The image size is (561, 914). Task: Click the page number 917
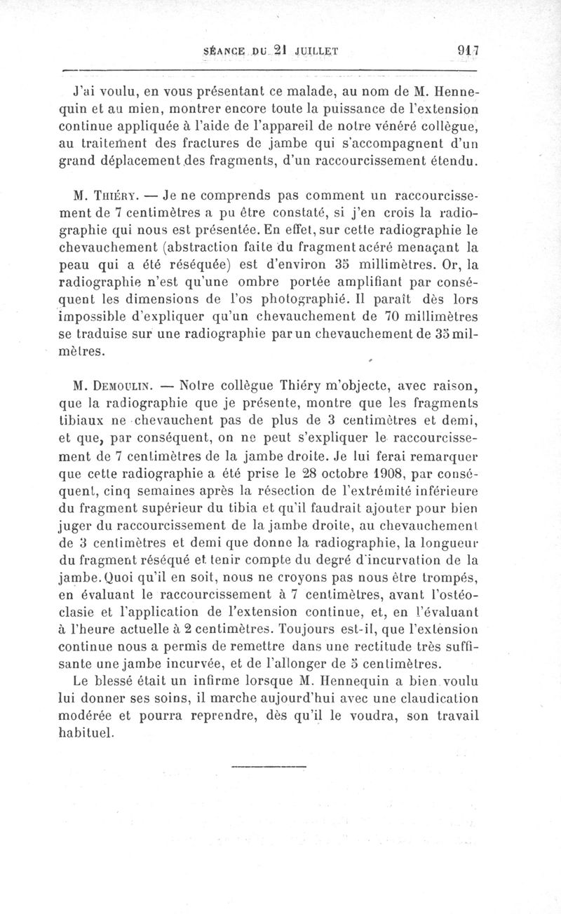click(466, 50)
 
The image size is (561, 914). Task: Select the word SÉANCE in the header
click(224, 50)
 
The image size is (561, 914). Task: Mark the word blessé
click(131, 681)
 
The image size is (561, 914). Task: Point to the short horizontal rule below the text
click(268, 765)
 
